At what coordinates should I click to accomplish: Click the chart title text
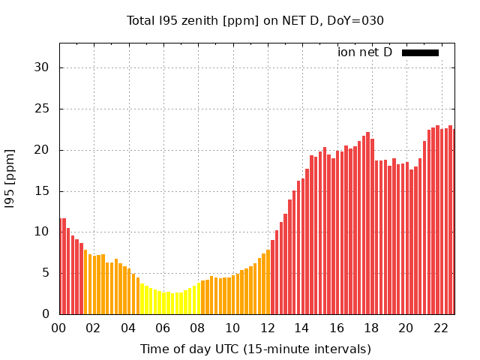(x=255, y=21)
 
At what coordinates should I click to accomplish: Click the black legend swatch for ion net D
(x=420, y=52)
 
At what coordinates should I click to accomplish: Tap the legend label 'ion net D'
(x=364, y=52)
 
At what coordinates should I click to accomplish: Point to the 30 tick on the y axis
(x=42, y=67)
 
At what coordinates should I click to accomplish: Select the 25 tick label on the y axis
(x=42, y=109)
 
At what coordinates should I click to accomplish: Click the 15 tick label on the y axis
(x=42, y=191)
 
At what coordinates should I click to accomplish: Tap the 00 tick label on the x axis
(x=58, y=328)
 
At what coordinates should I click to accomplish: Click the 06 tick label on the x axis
(x=163, y=328)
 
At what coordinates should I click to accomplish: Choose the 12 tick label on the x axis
(x=267, y=328)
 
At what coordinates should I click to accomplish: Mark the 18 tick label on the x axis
(x=371, y=328)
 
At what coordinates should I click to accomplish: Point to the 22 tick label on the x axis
(x=441, y=328)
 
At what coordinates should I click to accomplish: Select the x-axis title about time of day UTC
(x=255, y=349)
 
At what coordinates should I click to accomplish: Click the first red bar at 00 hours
(x=60, y=266)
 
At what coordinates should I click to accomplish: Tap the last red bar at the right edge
(x=454, y=221)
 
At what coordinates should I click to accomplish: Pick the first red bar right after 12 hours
(x=272, y=277)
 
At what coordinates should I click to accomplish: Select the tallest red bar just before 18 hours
(x=367, y=223)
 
